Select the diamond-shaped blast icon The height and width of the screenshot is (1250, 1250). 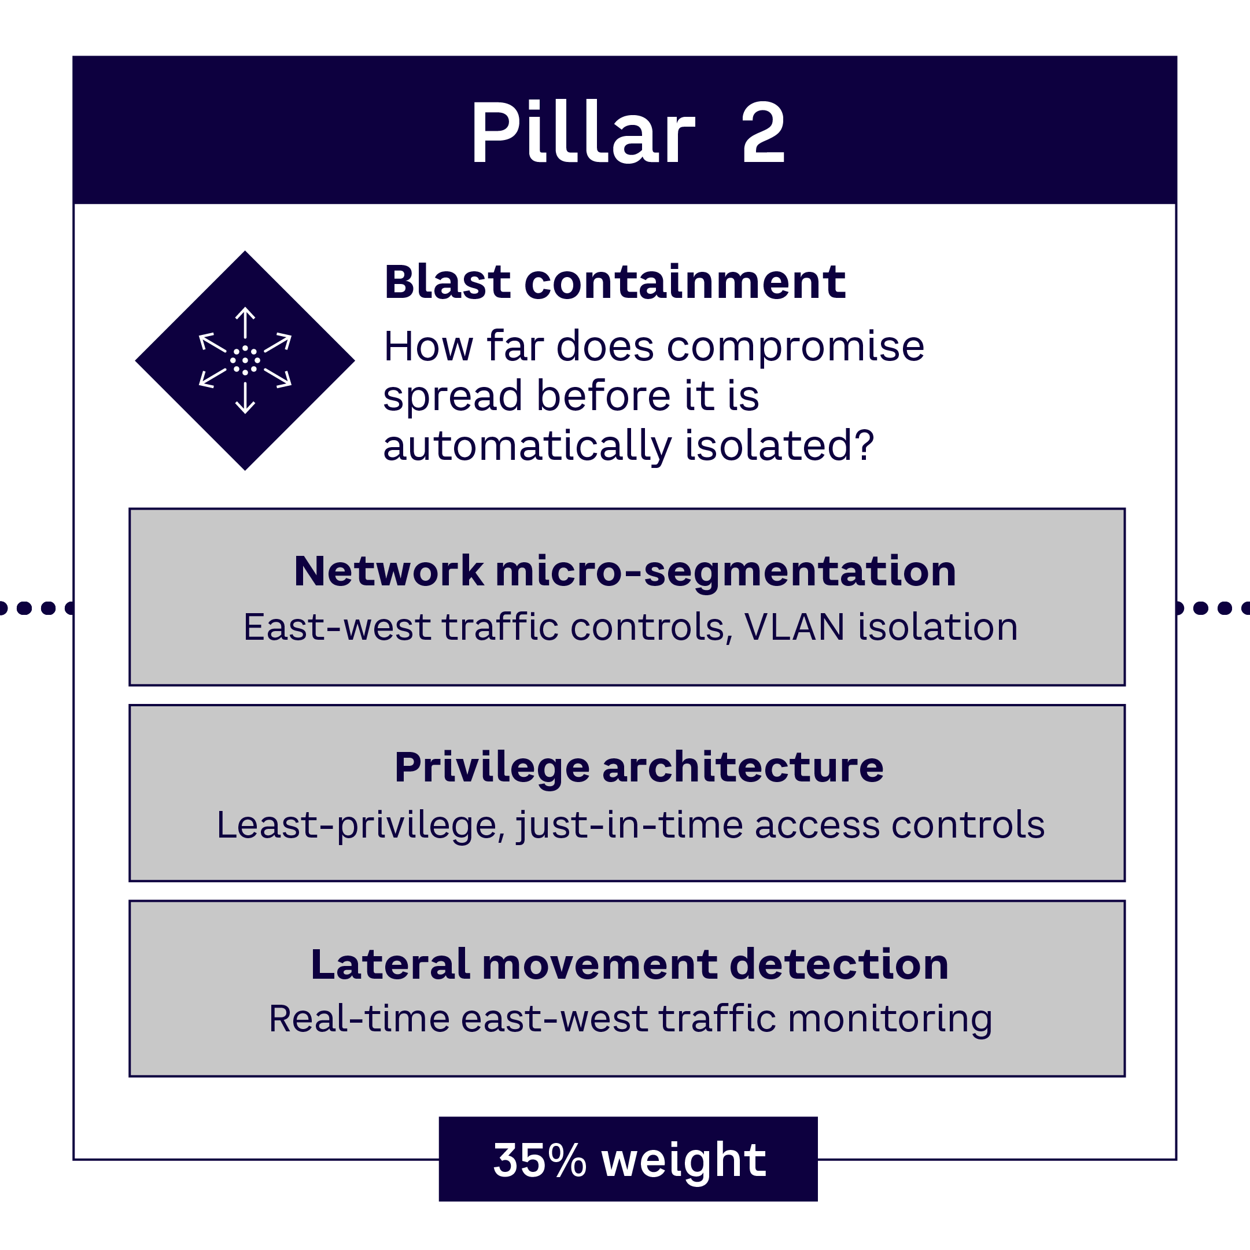[x=245, y=360]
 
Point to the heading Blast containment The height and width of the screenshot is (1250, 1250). [x=615, y=283]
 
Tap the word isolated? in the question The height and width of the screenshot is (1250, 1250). [x=780, y=446]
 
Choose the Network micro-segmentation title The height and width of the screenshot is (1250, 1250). [x=625, y=571]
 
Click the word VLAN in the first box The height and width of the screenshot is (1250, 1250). [x=795, y=627]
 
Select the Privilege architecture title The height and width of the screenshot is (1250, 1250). [x=639, y=768]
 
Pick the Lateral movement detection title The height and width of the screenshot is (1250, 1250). [x=629, y=964]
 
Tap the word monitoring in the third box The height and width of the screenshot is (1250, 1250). [x=890, y=1020]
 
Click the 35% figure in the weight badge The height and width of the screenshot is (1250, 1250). [x=540, y=1160]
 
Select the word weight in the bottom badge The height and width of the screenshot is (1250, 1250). [x=684, y=1161]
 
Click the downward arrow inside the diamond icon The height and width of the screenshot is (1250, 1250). [x=245, y=399]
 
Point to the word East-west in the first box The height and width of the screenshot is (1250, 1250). [x=337, y=627]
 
